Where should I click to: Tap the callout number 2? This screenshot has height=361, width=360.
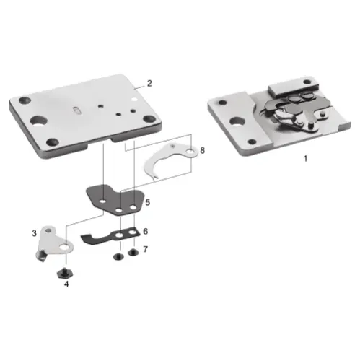pos(149,83)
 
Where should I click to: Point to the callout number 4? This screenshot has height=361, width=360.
pos(66,284)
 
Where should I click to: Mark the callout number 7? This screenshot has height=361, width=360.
pos(145,249)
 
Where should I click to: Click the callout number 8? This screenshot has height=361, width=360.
pos(203,151)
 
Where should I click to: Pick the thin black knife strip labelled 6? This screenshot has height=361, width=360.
pos(108,236)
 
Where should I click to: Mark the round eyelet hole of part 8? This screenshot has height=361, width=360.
pos(189,152)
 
